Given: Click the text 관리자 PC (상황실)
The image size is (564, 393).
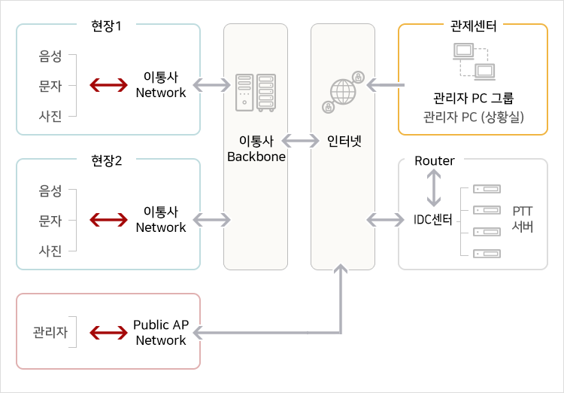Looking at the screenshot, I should coord(474,117).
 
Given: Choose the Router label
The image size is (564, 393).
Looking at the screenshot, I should coord(435,161).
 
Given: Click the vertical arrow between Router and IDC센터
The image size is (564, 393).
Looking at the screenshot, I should coord(433,188).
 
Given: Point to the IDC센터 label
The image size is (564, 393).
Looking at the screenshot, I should coord(433,220).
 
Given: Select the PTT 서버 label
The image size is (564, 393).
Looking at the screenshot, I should coord(523,219).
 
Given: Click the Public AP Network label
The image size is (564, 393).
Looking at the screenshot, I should coord(160,333).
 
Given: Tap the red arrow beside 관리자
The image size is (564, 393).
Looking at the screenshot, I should coord(108,333).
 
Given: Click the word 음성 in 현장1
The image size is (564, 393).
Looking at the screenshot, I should coord(50,56).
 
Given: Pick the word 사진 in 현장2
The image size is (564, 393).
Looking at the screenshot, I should coord(50,250).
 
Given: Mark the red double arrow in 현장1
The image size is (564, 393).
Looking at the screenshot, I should coord(108,85).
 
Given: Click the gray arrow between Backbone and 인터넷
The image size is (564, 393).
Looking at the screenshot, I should coord(300,140).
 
